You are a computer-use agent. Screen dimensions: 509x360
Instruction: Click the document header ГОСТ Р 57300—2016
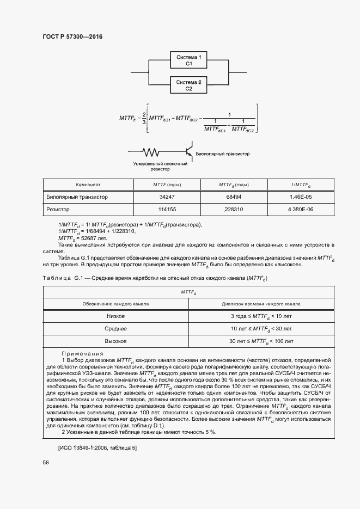72,37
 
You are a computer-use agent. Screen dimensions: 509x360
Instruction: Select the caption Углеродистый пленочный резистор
160,166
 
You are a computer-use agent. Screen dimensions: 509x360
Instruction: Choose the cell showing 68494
234,197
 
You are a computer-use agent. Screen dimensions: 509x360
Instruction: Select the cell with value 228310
234,210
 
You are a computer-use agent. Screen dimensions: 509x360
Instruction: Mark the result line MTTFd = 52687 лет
83,238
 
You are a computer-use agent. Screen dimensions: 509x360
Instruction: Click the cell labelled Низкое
115,316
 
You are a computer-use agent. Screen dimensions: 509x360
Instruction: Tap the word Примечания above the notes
82,353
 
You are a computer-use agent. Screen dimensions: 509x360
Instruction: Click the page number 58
46,462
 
